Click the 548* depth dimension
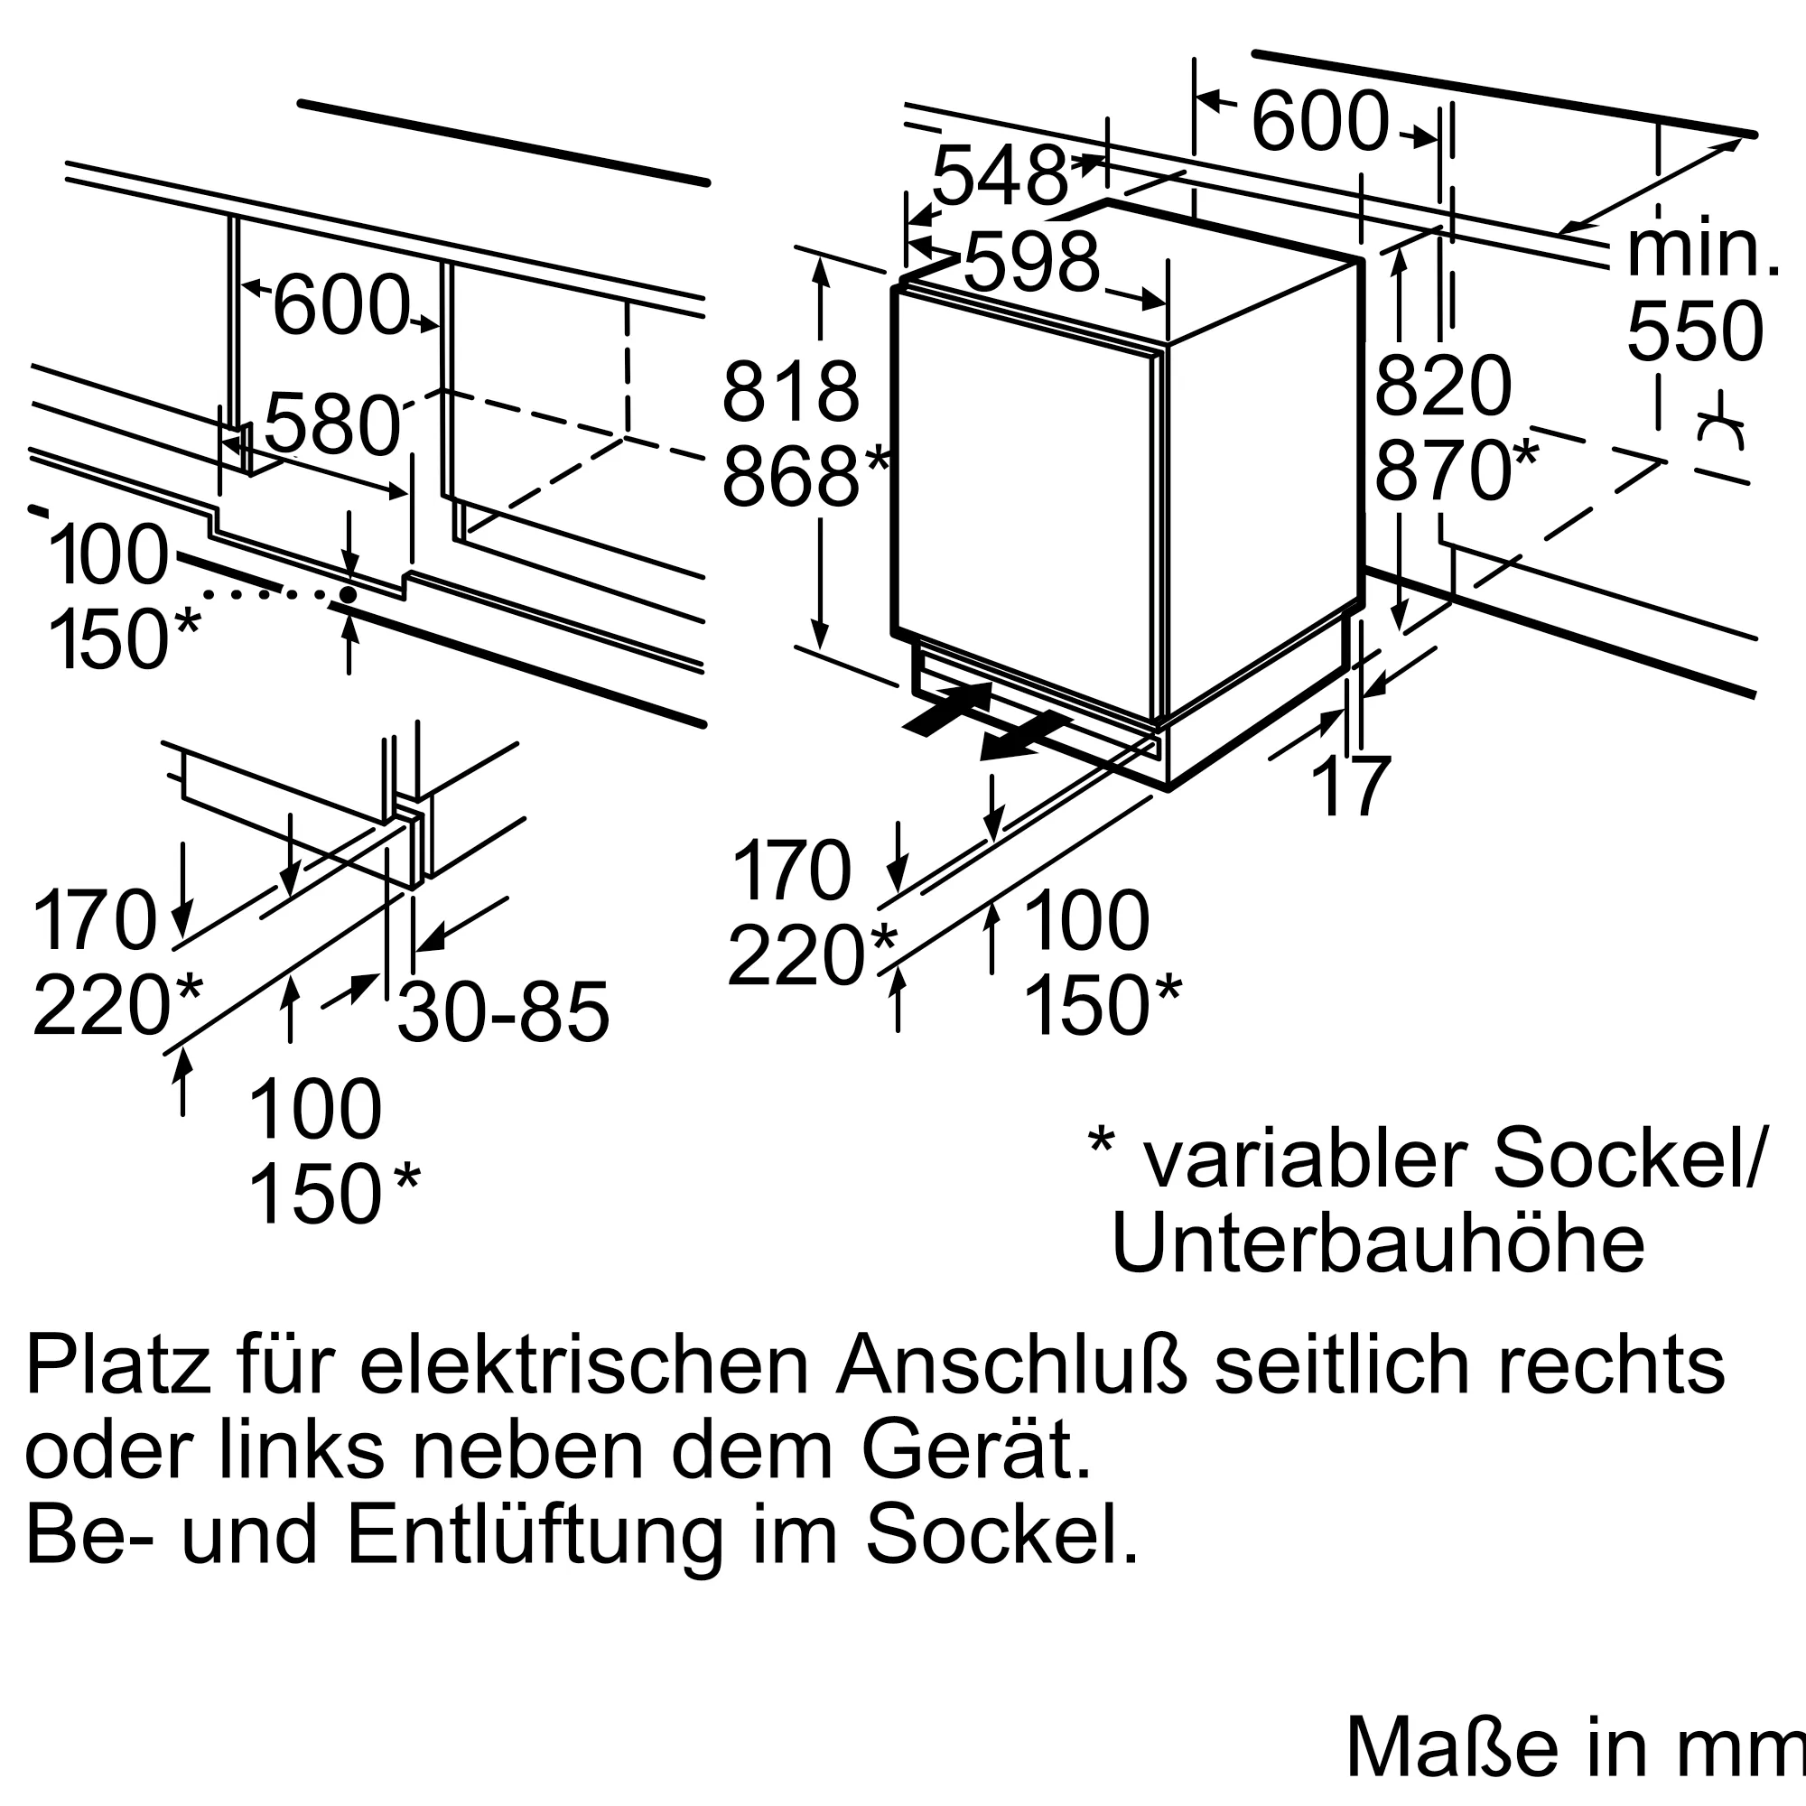coord(1001,176)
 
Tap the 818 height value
coord(790,393)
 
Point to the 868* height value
coord(803,478)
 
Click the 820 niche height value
coord(1442,386)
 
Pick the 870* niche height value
coord(1454,471)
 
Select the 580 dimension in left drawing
coord(331,425)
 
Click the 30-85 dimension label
coord(503,1012)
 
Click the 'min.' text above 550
coord(1702,250)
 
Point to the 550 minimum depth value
coord(1695,331)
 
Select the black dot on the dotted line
coord(348,594)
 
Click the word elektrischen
coord(584,1366)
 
